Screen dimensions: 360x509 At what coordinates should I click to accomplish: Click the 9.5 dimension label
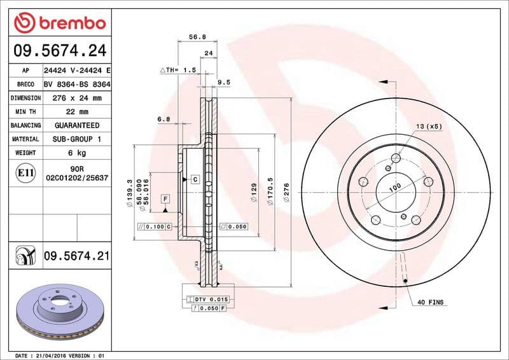223,82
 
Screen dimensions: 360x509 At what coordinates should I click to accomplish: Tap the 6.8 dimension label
164,119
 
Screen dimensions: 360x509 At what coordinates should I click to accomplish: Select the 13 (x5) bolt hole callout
429,127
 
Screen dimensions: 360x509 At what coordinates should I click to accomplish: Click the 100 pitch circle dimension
395,188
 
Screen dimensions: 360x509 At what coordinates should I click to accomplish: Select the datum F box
165,198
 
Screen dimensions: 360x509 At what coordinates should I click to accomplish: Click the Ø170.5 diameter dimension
270,190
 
